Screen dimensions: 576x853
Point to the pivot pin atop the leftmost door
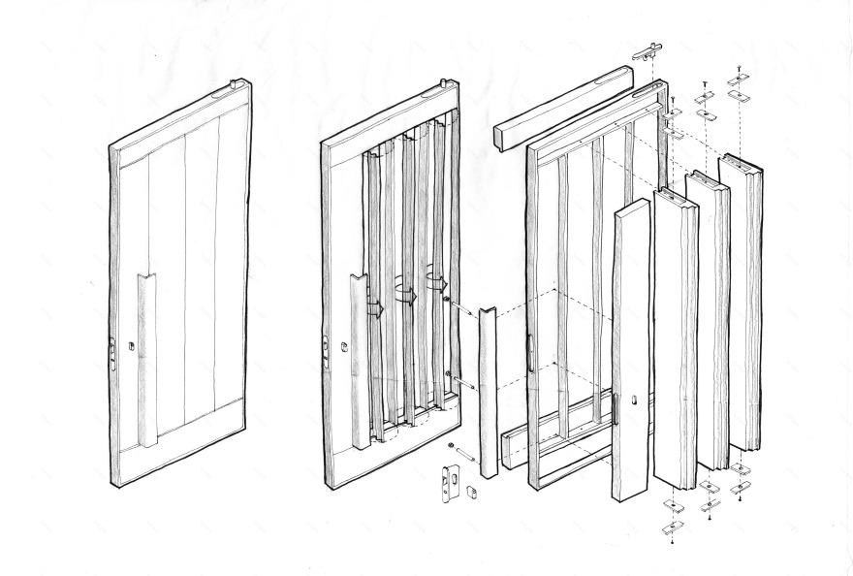(x=234, y=85)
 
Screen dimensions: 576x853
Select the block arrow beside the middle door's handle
(x=374, y=307)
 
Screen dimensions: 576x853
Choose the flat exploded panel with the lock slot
(x=630, y=349)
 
